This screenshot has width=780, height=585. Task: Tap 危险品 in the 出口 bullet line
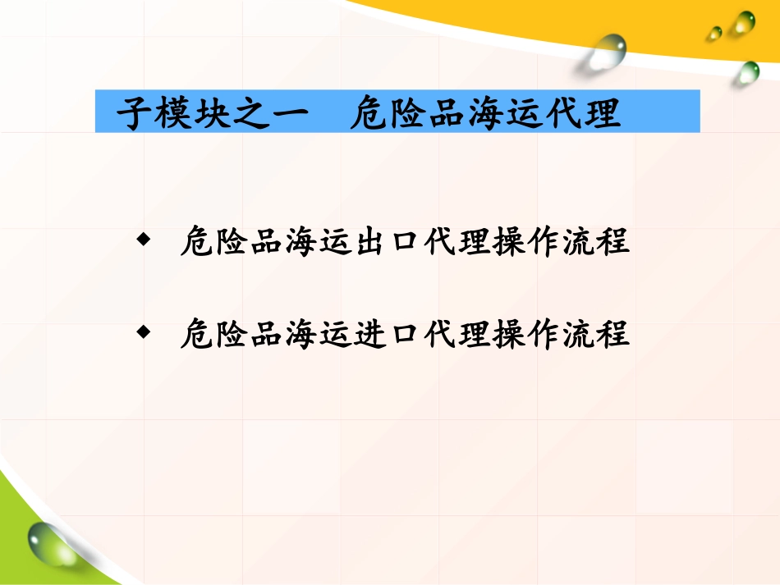pyautogui.click(x=224, y=242)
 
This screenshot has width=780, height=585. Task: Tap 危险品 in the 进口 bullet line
pyautogui.click(x=224, y=334)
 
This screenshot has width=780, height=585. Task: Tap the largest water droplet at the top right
pyautogui.click(x=608, y=51)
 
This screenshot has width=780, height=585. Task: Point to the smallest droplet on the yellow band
pyautogui.click(x=716, y=33)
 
